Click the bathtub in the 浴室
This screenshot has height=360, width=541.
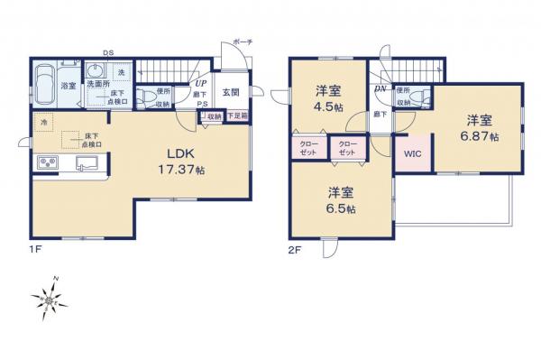point(45,82)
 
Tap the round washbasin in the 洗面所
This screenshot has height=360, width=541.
point(96,69)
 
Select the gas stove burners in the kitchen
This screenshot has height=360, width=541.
point(47,164)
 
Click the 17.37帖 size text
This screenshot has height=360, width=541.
point(176,169)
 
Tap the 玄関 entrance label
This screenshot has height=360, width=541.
point(230,91)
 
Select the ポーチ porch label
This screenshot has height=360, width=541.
point(243,42)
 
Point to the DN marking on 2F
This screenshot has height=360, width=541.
point(381,88)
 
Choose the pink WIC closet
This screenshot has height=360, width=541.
point(412,153)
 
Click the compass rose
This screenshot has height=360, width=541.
point(48,300)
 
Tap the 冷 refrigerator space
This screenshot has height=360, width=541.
point(42,121)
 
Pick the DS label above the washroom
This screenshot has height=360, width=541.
point(106,52)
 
